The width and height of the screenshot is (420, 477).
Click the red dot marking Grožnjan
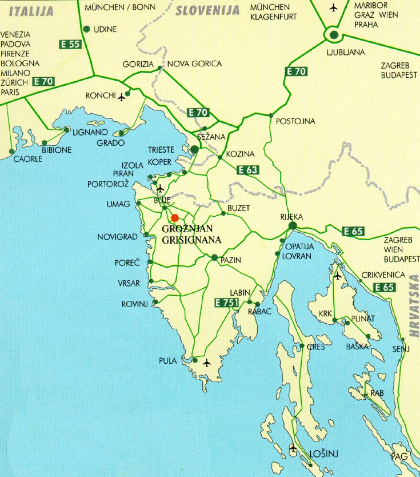(175, 217)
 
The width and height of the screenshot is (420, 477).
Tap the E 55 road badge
(70, 43)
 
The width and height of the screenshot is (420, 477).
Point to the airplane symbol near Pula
(207, 363)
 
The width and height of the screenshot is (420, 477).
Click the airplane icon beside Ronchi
(121, 97)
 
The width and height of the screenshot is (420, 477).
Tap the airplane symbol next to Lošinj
(293, 448)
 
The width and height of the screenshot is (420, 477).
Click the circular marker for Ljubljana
(333, 35)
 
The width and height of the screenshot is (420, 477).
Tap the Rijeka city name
(291, 217)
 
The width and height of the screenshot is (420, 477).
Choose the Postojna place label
(295, 121)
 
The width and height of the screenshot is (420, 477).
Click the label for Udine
(106, 29)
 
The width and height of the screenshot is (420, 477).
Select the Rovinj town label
(135, 304)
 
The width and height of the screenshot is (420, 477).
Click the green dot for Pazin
(214, 257)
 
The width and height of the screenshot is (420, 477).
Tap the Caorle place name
(29, 159)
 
